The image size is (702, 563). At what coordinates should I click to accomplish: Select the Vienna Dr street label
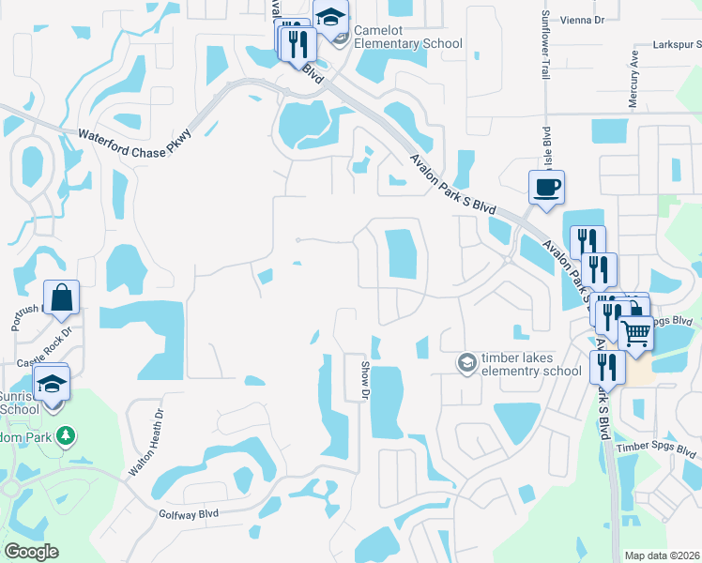(601, 17)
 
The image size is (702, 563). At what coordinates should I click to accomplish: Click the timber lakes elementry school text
(531, 364)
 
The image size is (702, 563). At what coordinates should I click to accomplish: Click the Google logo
(31, 552)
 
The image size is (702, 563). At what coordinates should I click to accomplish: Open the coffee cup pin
(545, 188)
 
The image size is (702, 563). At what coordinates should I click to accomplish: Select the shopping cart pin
(635, 332)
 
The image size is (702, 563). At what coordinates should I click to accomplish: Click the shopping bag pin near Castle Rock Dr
(61, 297)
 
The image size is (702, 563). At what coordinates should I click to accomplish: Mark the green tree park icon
(65, 435)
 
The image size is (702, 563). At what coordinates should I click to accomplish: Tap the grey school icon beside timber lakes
(465, 361)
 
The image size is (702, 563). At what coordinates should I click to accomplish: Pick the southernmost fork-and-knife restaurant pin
(607, 367)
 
